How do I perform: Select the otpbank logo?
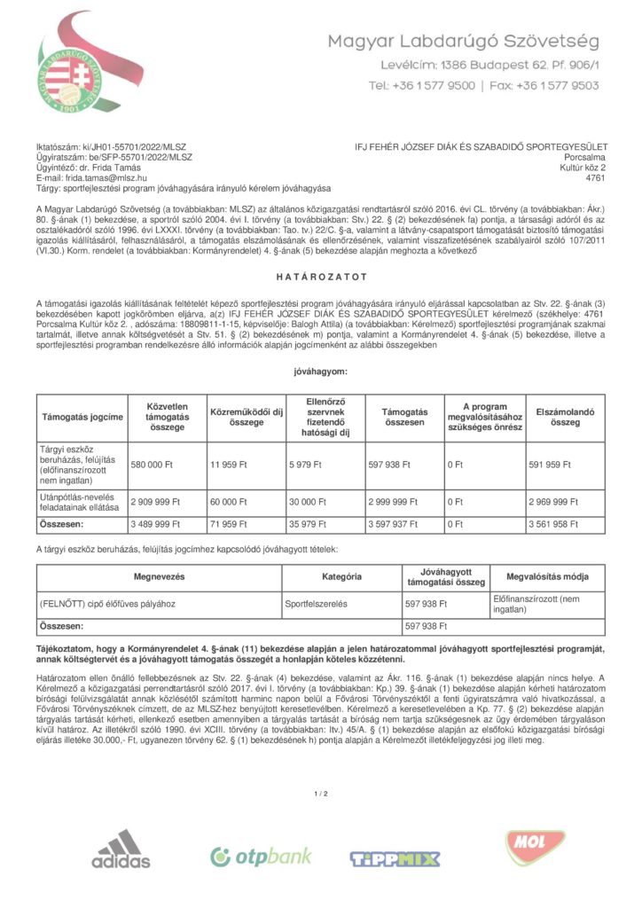(261, 856)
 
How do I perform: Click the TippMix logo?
(395, 857)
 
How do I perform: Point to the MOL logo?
(536, 849)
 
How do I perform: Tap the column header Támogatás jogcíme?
(82, 417)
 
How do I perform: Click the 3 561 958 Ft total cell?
(553, 524)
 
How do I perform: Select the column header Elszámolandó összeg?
(565, 417)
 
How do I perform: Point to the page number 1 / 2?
(320, 793)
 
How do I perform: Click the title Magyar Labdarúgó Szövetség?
(464, 42)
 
